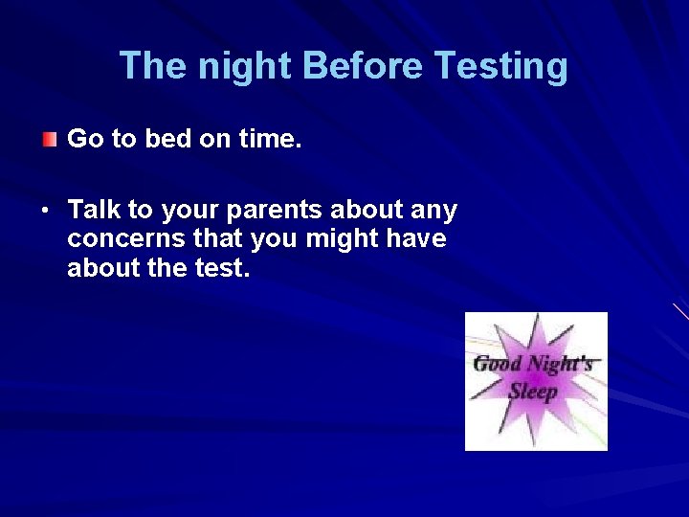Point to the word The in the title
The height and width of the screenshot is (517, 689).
150,67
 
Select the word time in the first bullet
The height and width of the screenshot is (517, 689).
269,140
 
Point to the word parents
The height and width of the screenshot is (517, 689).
277,211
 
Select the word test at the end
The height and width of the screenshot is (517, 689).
221,269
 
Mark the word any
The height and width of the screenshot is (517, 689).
434,211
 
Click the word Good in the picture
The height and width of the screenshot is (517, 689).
499,364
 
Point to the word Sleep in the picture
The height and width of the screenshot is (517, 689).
533,392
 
